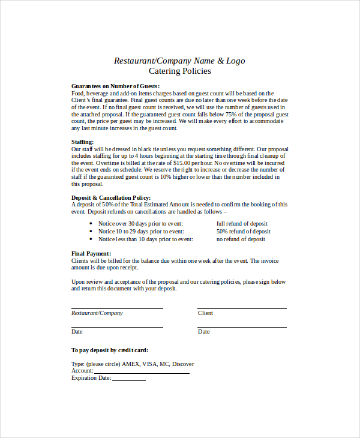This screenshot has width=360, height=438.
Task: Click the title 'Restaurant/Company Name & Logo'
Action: [179, 61]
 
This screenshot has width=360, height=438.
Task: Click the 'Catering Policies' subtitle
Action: [179, 71]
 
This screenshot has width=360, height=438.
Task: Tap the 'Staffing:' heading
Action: [83, 142]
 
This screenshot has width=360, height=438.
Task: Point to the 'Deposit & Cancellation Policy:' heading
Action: [111, 197]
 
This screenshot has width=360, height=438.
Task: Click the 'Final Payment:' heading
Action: [91, 254]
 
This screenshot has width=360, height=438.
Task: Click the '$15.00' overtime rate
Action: [184, 163]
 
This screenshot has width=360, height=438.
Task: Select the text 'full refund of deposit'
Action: [242, 223]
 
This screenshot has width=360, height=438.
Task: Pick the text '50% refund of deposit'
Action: [243, 232]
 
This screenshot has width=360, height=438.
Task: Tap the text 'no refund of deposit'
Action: [241, 239]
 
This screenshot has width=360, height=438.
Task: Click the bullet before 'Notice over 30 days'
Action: [90, 223]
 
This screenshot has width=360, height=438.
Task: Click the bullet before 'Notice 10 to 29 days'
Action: [90, 232]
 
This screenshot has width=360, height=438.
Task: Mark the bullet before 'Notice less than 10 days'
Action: [90, 239]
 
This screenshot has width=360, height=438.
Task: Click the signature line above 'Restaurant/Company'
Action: [117, 308]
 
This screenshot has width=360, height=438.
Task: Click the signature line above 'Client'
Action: [242, 308]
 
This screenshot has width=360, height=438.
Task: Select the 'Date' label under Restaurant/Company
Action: [77, 332]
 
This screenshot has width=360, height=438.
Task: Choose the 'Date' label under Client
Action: [204, 332]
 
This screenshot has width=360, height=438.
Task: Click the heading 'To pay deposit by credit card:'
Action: [110, 350]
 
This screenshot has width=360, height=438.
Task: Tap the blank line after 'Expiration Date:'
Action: [129, 380]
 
